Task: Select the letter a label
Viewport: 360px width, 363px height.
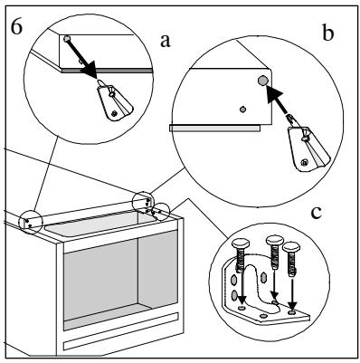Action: point(165,41)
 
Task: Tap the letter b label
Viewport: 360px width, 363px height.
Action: point(328,33)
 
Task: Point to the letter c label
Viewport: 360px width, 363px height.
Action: point(316,213)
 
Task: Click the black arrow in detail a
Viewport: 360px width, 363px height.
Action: point(81,58)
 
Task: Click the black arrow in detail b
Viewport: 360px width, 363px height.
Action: point(279,100)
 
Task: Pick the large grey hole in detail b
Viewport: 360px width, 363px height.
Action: point(262,81)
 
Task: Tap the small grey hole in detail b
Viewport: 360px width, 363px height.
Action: point(242,109)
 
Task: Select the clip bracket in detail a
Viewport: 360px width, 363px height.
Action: point(114,101)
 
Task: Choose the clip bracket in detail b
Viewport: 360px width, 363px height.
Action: point(308,145)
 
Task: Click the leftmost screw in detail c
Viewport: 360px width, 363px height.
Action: point(240,255)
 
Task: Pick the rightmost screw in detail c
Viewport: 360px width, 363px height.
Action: point(291,259)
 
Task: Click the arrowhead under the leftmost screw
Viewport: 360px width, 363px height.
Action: point(242,301)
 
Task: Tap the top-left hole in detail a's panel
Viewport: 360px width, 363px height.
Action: point(66,38)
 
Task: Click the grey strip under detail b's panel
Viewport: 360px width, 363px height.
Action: point(214,129)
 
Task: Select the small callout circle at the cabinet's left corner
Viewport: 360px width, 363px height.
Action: point(31,223)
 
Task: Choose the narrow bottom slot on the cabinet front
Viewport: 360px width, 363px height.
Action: point(121,331)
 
